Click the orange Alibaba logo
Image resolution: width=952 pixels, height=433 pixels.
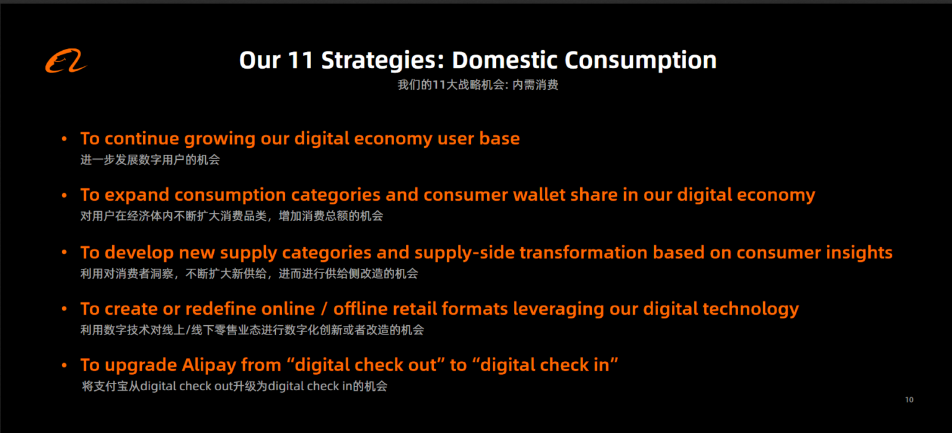click(x=66, y=62)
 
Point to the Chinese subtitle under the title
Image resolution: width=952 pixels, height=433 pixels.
click(x=477, y=85)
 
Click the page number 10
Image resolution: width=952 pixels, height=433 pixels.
click(x=909, y=400)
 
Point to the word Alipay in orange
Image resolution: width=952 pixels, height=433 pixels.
click(x=209, y=365)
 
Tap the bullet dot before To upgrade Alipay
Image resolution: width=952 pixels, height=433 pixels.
click(x=64, y=365)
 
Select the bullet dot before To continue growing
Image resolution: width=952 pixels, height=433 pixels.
click(x=64, y=139)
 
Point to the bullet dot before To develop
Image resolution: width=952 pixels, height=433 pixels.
click(x=64, y=253)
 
